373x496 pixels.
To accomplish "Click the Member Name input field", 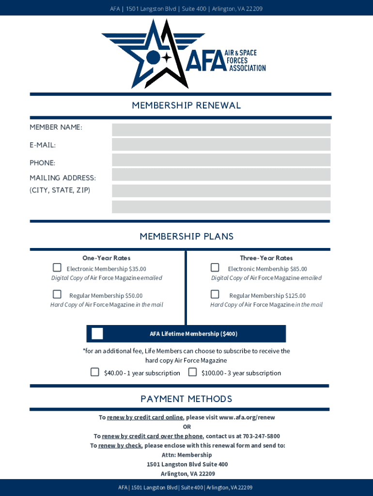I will point(221,130).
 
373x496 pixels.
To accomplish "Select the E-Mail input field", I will point(221,144).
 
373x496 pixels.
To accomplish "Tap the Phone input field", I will point(221,160).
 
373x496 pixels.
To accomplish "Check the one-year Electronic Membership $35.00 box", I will point(57,268).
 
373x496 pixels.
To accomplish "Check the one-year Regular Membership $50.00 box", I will point(57,294).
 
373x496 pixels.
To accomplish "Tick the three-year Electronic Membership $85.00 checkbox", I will point(215,268).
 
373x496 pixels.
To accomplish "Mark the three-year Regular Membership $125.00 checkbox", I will point(215,294).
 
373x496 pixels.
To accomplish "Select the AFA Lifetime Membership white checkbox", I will point(97,334).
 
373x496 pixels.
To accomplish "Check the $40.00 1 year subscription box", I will point(95,372).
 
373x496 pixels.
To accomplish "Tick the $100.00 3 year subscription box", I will point(192,372).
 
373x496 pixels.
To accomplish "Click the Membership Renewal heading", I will point(186,106).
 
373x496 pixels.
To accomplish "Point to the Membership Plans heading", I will point(186,236).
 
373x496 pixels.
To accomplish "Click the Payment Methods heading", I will point(186,399).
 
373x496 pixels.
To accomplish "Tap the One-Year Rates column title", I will point(107,258).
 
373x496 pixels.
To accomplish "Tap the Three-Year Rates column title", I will point(266,258).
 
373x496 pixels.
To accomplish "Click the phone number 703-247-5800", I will point(261,436).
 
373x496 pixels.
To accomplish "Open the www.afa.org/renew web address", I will point(247,418).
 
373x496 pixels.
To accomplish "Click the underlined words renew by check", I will point(120,446).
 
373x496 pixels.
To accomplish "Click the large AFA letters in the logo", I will point(206,61).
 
